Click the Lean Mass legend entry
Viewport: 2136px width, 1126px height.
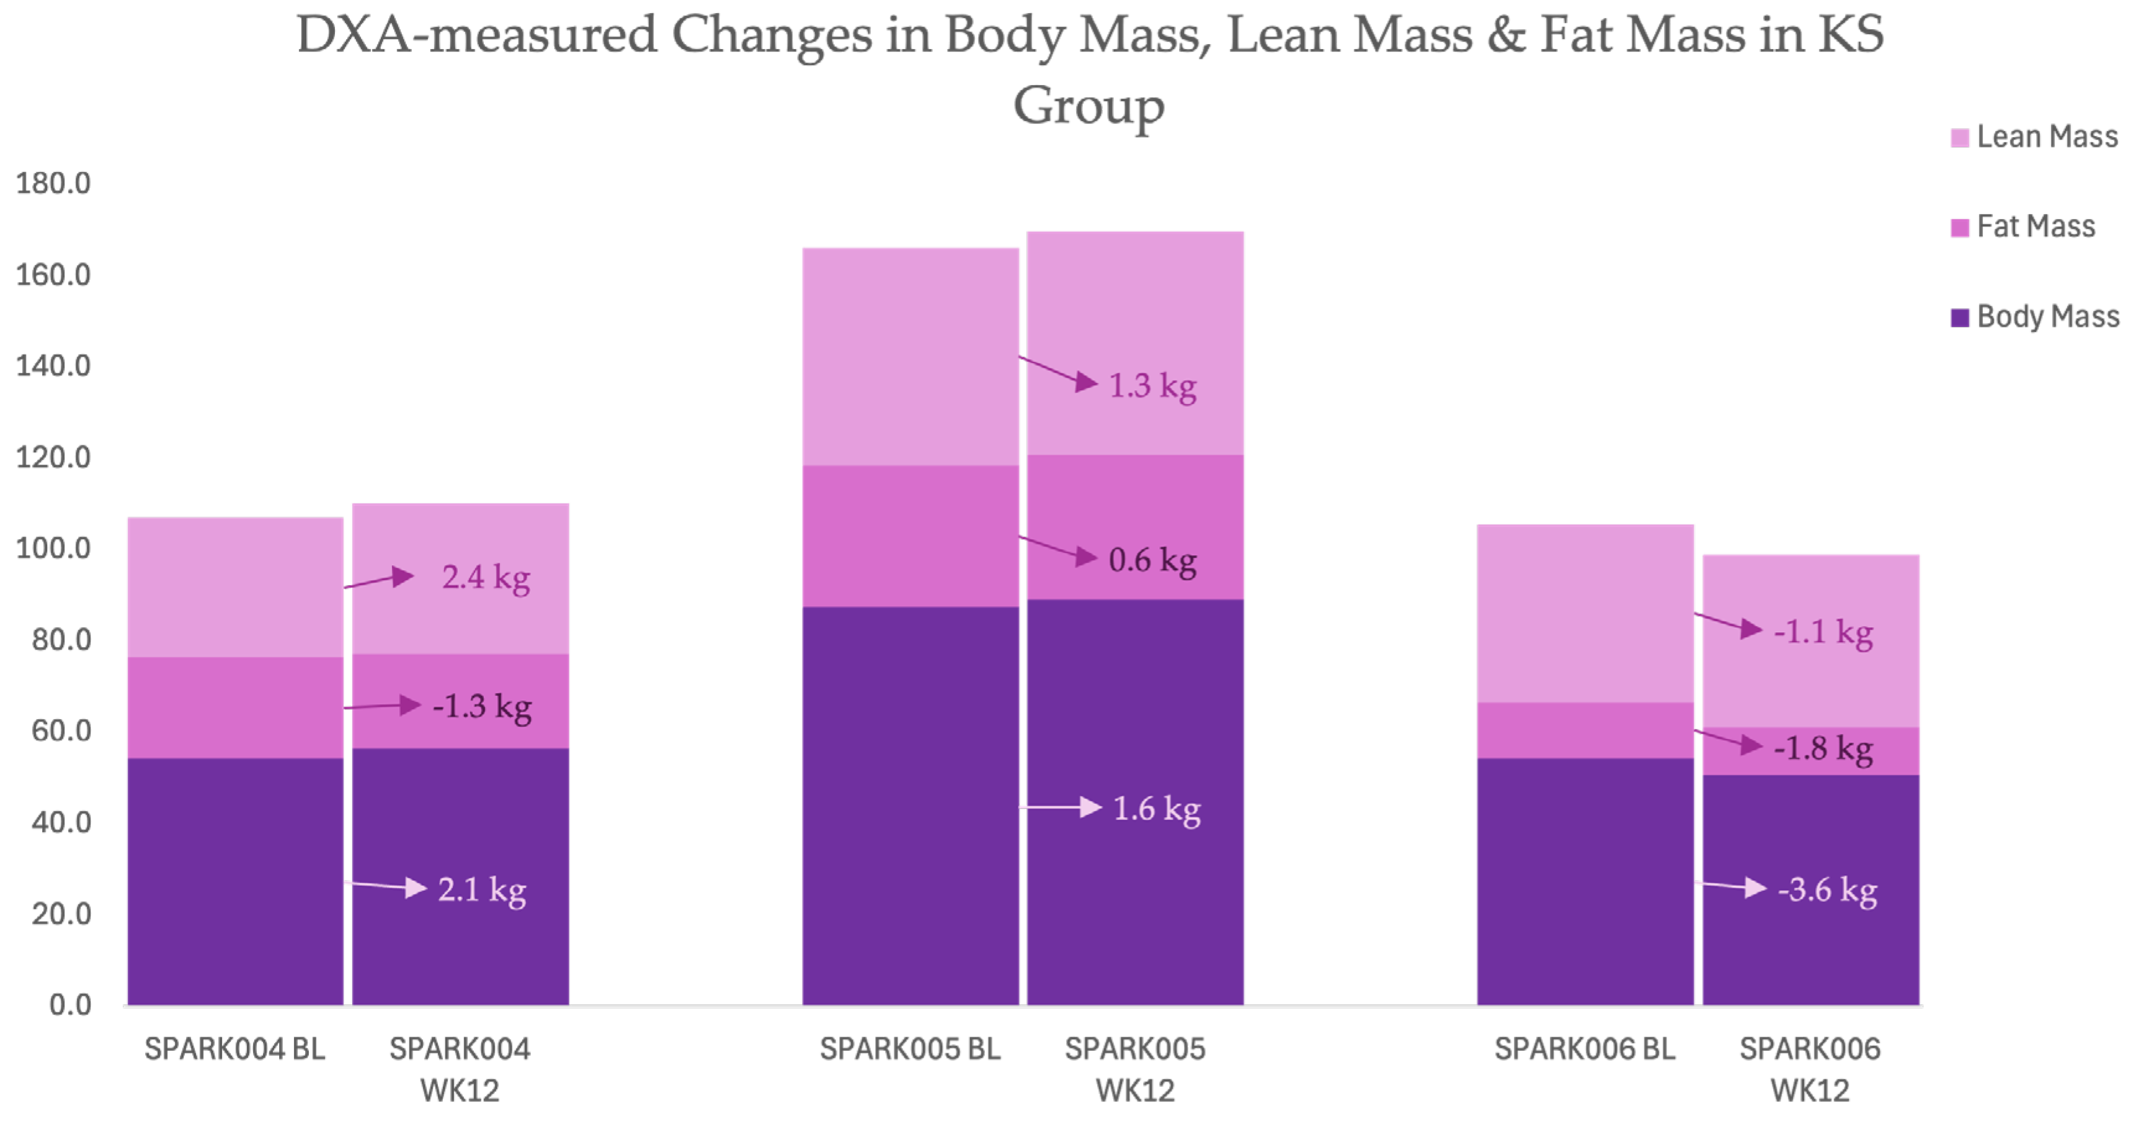click(x=2034, y=137)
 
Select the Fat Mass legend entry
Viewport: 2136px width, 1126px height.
click(x=2023, y=226)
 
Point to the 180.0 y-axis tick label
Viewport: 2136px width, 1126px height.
click(x=53, y=183)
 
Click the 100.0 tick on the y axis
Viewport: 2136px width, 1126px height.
click(x=53, y=548)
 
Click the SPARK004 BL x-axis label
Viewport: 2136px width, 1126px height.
click(x=234, y=1049)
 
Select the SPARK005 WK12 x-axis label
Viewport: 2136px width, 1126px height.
click(x=1135, y=1070)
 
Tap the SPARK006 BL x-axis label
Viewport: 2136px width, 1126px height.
click(x=1585, y=1049)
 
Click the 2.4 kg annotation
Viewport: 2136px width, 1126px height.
click(x=486, y=578)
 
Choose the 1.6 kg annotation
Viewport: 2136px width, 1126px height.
click(x=1157, y=809)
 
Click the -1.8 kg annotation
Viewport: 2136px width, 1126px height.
click(x=1823, y=749)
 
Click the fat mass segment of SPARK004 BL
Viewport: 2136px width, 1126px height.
click(x=236, y=707)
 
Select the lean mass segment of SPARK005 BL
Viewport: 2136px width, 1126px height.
click(x=910, y=357)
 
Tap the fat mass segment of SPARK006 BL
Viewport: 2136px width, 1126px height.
click(x=1585, y=730)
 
